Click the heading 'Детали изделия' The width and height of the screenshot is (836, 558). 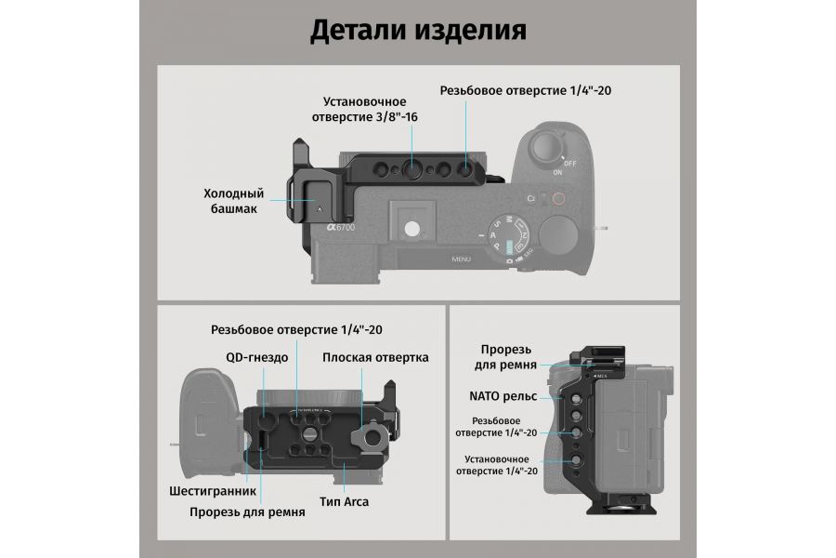(417, 30)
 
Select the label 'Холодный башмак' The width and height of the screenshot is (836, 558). (233, 202)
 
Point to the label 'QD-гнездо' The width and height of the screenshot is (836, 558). (256, 357)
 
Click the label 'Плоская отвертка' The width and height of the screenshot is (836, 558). (375, 357)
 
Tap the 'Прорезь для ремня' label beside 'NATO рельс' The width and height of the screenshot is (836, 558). (508, 355)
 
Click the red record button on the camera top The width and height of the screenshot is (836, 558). (558, 198)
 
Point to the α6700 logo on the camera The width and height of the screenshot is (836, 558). (340, 226)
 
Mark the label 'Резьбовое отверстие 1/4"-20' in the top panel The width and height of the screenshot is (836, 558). (526, 91)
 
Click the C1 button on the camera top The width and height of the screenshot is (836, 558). (531, 198)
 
